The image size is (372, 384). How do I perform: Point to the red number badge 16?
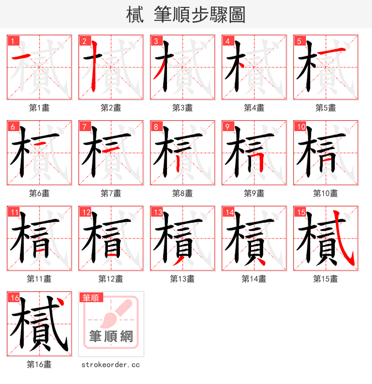pos(14,298)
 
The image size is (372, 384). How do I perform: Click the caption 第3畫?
pos(182,108)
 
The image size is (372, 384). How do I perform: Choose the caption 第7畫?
pos(111,193)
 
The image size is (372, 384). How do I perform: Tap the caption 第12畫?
pos(111,279)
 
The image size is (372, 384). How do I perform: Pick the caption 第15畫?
pos(325,279)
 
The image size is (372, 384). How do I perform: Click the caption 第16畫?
pos(39,364)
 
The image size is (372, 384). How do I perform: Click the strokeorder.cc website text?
pos(111,365)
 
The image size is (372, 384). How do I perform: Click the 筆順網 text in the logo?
pos(111,336)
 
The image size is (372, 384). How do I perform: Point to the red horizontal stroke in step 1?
pos(21,57)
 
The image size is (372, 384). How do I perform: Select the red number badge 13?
pos(158,212)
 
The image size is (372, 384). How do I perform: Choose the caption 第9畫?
pos(254,193)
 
